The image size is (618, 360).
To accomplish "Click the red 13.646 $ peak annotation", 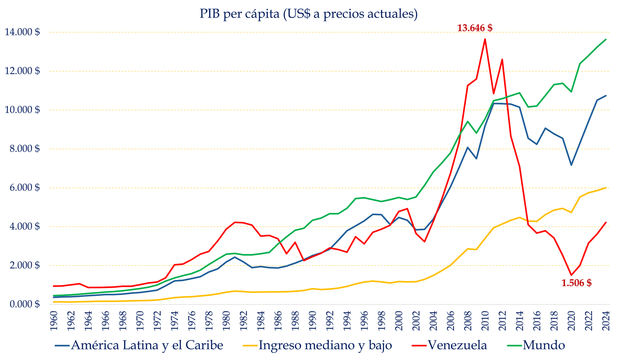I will [x=474, y=28].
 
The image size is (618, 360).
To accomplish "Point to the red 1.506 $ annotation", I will [x=576, y=283].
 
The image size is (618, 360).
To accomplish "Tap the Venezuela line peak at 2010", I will [x=485, y=39].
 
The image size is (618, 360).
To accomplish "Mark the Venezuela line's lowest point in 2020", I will [x=571, y=275].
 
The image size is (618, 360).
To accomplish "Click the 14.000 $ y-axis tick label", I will [x=22, y=32].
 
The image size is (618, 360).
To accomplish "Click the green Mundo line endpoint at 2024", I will [x=606, y=39].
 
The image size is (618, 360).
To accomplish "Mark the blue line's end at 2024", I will [x=606, y=96].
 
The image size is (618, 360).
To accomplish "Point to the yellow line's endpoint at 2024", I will [x=606, y=188].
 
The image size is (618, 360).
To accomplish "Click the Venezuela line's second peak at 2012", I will [x=502, y=59].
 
